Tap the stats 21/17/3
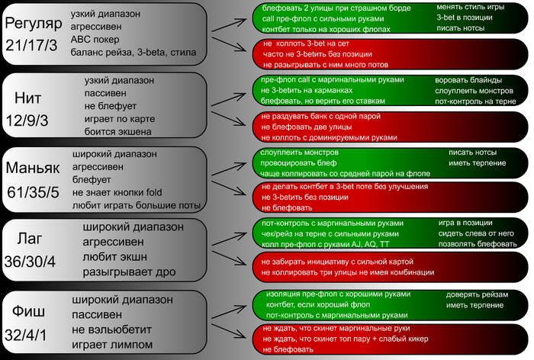(31, 46)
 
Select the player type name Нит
(33, 97)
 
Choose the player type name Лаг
(31, 239)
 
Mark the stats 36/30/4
(31, 261)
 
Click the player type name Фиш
(31, 311)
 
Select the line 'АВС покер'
(96, 40)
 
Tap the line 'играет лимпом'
(112, 344)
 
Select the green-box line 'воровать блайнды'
(466, 80)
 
